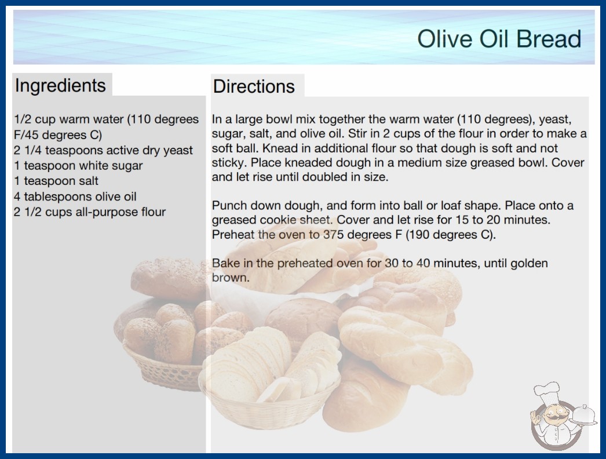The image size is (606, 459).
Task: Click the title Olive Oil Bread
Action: click(x=499, y=39)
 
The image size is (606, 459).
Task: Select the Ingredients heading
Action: click(x=60, y=86)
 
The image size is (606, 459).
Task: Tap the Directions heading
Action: click(x=254, y=86)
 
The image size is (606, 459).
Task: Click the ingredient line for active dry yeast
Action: click(x=103, y=150)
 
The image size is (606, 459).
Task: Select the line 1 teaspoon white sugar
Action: click(x=78, y=166)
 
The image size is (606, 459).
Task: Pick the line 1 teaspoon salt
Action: click(x=56, y=181)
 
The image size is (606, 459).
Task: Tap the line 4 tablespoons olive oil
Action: click(x=75, y=196)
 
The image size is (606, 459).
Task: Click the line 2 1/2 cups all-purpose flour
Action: click(x=90, y=212)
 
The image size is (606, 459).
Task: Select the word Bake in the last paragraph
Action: click(x=225, y=263)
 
